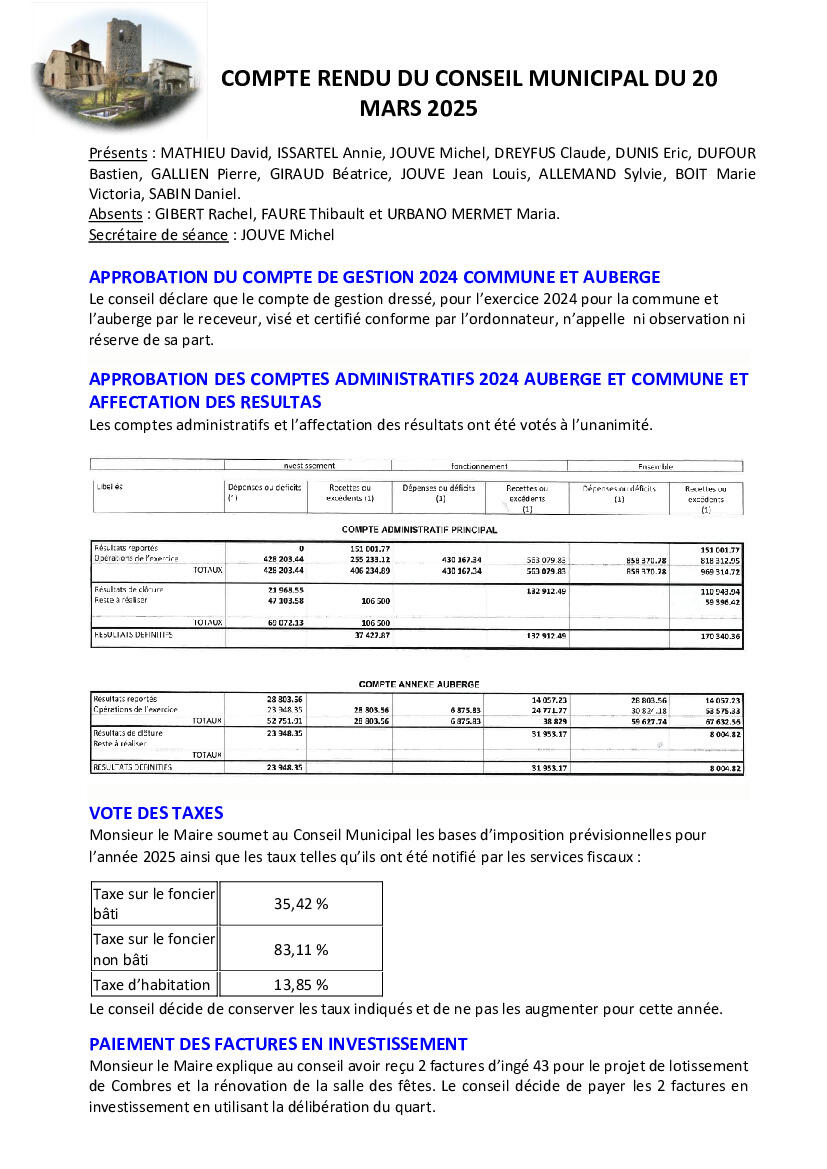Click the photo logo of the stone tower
pyautogui.click(x=117, y=68)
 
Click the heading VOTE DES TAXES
pyautogui.click(x=156, y=813)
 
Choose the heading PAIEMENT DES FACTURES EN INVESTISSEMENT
pyautogui.click(x=278, y=1044)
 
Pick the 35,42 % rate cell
pyautogui.click(x=301, y=903)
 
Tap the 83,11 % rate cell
pyautogui.click(x=301, y=949)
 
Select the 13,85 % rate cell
pyautogui.click(x=301, y=985)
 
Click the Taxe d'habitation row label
pyautogui.click(x=152, y=985)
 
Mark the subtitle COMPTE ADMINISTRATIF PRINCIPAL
pyautogui.click(x=419, y=530)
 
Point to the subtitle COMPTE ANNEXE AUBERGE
pyautogui.click(x=419, y=684)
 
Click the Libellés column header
pyautogui.click(x=109, y=487)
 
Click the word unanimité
pyautogui.click(x=610, y=425)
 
